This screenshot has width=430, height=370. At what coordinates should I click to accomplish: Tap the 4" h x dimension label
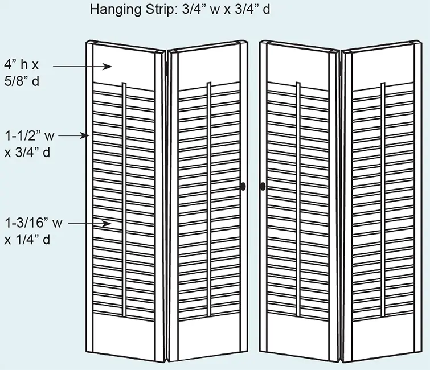[22, 65]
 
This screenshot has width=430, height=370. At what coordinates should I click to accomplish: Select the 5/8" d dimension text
[22, 81]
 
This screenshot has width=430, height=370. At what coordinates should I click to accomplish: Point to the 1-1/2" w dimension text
[30, 135]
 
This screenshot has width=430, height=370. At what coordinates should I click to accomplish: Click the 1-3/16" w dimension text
[34, 223]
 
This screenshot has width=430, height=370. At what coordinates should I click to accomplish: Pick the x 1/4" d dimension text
[27, 240]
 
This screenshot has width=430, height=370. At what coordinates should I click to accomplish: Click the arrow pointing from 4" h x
[82, 67]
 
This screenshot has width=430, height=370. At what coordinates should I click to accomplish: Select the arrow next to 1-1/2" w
[74, 135]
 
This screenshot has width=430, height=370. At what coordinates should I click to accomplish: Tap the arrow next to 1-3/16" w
[89, 224]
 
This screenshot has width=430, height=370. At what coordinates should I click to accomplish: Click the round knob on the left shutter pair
[243, 187]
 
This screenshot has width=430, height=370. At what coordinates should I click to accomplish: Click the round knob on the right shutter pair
[263, 187]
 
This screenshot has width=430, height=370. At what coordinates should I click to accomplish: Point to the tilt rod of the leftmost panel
[124, 200]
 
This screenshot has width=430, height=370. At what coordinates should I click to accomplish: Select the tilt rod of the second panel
[209, 200]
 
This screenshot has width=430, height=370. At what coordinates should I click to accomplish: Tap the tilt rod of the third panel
[298, 199]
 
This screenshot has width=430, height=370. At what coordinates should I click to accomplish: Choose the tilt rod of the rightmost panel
[383, 199]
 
